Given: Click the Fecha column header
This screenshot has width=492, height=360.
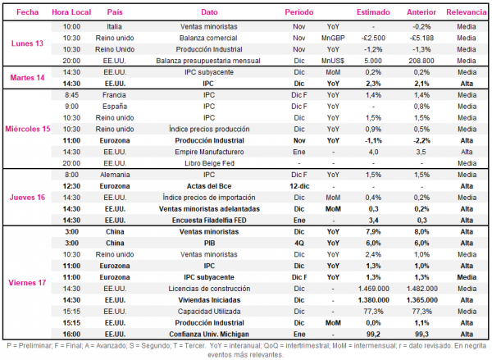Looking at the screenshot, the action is [28, 12].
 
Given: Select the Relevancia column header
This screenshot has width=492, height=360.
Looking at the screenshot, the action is [467, 12].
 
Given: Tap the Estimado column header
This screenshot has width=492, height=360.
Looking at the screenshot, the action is [373, 12].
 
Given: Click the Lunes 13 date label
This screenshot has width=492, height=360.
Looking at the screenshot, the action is [27, 43].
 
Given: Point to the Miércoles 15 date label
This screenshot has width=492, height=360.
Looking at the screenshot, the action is [28, 129].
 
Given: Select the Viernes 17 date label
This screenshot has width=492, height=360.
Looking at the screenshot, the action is [27, 283].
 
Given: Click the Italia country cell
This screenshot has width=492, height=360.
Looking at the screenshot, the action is [114, 27].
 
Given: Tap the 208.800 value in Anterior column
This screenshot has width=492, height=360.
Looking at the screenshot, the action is [421, 61].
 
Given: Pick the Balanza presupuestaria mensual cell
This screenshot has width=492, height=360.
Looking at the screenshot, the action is [208, 61].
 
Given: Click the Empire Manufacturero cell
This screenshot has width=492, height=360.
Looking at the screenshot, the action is [209, 152].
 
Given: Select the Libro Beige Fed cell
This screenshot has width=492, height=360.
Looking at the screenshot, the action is [209, 163].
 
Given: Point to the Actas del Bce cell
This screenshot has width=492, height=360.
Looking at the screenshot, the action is [209, 186].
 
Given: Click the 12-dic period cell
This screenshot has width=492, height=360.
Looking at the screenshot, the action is [299, 186].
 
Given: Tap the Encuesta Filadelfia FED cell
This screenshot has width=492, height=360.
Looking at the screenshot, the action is [209, 221].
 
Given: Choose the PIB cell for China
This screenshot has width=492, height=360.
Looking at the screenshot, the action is [210, 244].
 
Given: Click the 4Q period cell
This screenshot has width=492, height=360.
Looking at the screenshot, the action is [299, 244].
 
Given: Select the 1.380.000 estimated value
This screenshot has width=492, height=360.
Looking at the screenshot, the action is [373, 300].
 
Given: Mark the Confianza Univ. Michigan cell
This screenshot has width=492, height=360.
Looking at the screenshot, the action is [209, 335].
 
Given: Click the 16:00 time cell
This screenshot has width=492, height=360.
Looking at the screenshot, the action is [71, 335].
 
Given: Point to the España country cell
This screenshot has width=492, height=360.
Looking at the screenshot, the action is [115, 107].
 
